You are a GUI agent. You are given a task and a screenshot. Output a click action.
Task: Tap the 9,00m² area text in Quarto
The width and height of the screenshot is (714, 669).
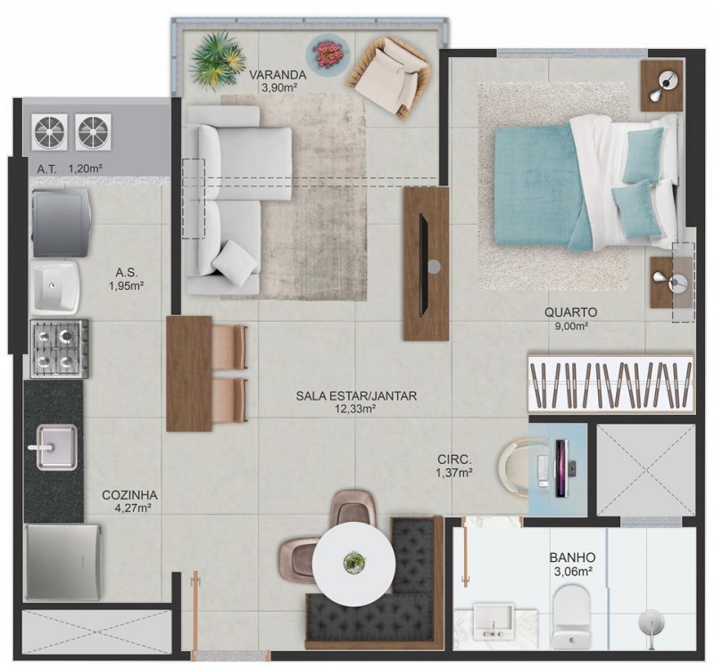573,326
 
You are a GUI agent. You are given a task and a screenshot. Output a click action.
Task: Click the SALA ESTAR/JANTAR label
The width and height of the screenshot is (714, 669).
356,395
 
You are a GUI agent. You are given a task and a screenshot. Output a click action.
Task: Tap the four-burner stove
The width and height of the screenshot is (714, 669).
60,348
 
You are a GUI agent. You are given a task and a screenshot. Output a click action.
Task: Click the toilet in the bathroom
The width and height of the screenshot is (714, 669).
571,615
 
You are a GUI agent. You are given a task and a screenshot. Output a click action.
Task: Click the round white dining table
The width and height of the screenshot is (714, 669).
354,562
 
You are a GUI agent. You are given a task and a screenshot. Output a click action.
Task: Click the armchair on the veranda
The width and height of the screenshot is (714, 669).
391,74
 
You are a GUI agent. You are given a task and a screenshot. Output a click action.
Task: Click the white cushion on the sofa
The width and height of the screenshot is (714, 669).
236,258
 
